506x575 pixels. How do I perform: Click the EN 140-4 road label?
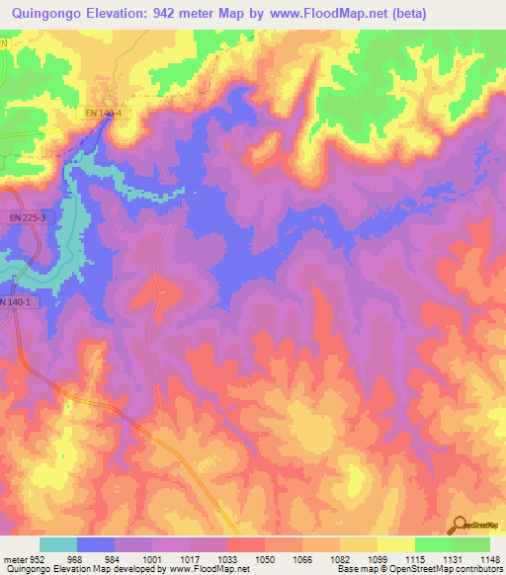(104, 115)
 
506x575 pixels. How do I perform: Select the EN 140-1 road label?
(17, 301)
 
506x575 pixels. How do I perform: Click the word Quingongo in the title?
(44, 14)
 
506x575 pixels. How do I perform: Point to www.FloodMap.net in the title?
(321, 14)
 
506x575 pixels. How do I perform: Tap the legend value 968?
(75, 558)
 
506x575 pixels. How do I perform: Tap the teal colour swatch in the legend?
(57, 544)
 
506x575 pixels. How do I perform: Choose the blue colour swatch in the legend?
(95, 544)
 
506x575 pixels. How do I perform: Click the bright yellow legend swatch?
(395, 544)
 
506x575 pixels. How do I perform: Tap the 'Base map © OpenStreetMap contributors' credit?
(418, 569)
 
